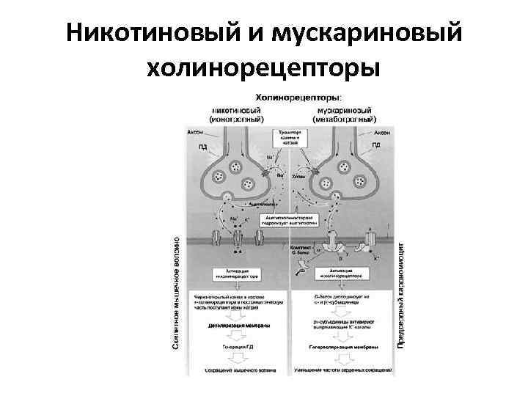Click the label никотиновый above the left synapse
pyautogui.click(x=237, y=108)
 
